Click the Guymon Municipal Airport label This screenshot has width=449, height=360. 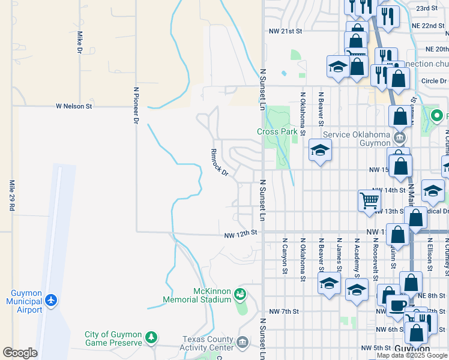point(24,301)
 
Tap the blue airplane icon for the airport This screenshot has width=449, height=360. point(52,299)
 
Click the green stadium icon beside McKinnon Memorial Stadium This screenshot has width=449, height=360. point(240,294)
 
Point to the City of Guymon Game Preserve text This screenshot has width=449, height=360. point(113,339)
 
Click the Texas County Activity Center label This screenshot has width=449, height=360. point(208,343)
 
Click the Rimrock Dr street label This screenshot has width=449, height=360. point(219,163)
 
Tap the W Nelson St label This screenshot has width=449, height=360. point(74,106)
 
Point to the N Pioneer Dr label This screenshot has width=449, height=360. point(136,106)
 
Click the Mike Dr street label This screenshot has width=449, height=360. point(79,43)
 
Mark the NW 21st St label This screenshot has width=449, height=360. point(284,31)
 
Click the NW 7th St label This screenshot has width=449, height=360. point(284,311)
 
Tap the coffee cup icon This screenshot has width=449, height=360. point(397,305)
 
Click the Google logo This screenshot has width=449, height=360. point(20,353)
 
